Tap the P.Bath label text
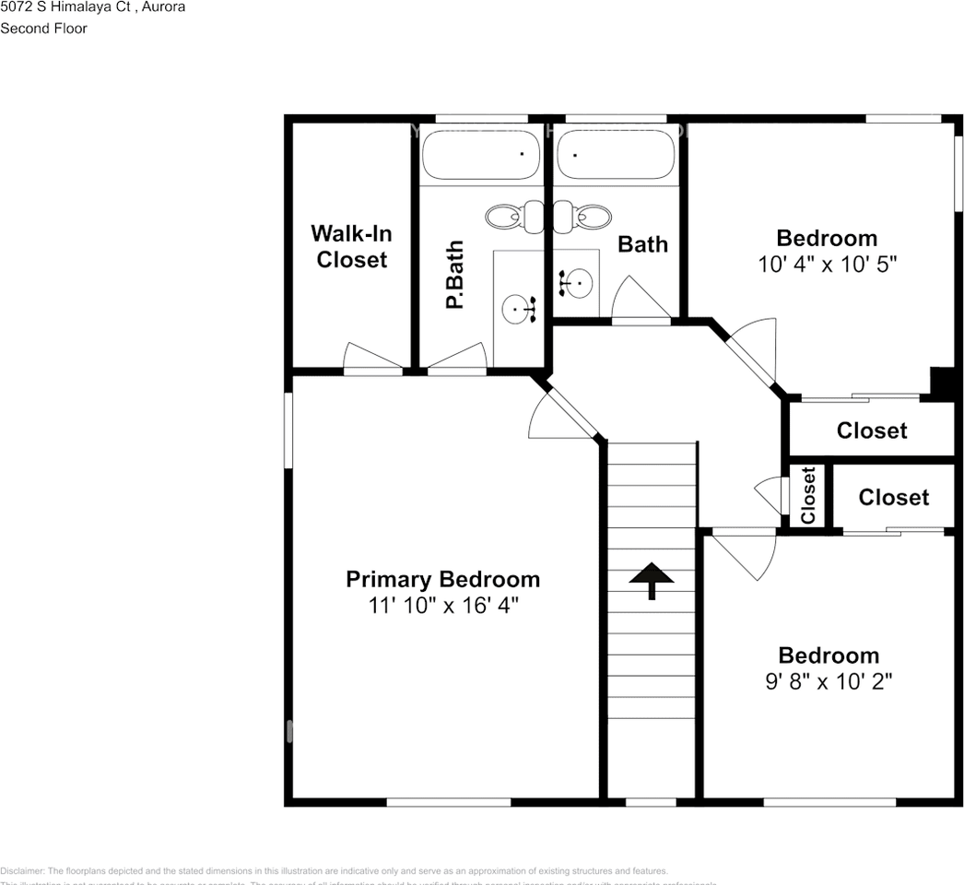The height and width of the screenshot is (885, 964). click(453, 275)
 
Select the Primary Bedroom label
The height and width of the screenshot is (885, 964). click(442, 579)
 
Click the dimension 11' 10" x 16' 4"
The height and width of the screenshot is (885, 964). click(442, 606)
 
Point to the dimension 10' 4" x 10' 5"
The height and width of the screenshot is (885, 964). click(827, 265)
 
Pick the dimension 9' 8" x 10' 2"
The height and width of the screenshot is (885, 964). click(828, 681)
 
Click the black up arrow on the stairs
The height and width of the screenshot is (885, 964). click(652, 580)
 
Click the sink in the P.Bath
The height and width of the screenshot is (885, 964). click(519, 308)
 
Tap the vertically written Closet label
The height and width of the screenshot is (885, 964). click(808, 496)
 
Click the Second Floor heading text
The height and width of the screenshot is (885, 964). click(44, 29)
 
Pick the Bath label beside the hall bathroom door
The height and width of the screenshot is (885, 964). click(642, 244)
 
